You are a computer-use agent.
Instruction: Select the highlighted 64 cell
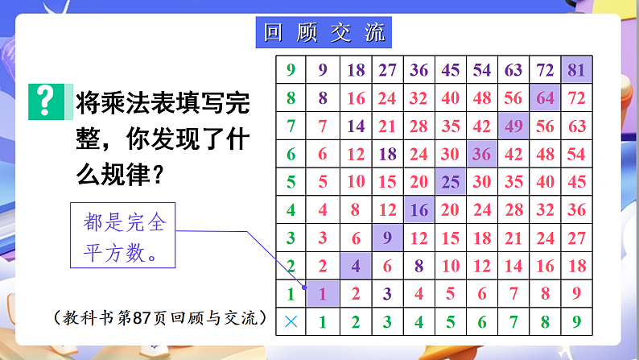pos(545,98)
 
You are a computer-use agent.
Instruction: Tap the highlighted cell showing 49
pos(513,126)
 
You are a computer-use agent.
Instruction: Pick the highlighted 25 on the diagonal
pos(451,182)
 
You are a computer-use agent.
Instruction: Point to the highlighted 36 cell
pos(482,154)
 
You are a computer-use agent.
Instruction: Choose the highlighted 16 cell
pos(418,210)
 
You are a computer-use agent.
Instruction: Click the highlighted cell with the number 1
pos(323,294)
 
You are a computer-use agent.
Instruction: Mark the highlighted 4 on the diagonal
pos(355,266)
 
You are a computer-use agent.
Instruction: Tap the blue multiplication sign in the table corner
pos(291,321)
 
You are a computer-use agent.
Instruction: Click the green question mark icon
pos(47,101)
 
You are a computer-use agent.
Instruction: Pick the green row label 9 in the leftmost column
pos(291,70)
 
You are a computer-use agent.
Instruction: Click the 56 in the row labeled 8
pos(513,98)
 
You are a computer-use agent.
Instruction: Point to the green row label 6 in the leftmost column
pos(291,154)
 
